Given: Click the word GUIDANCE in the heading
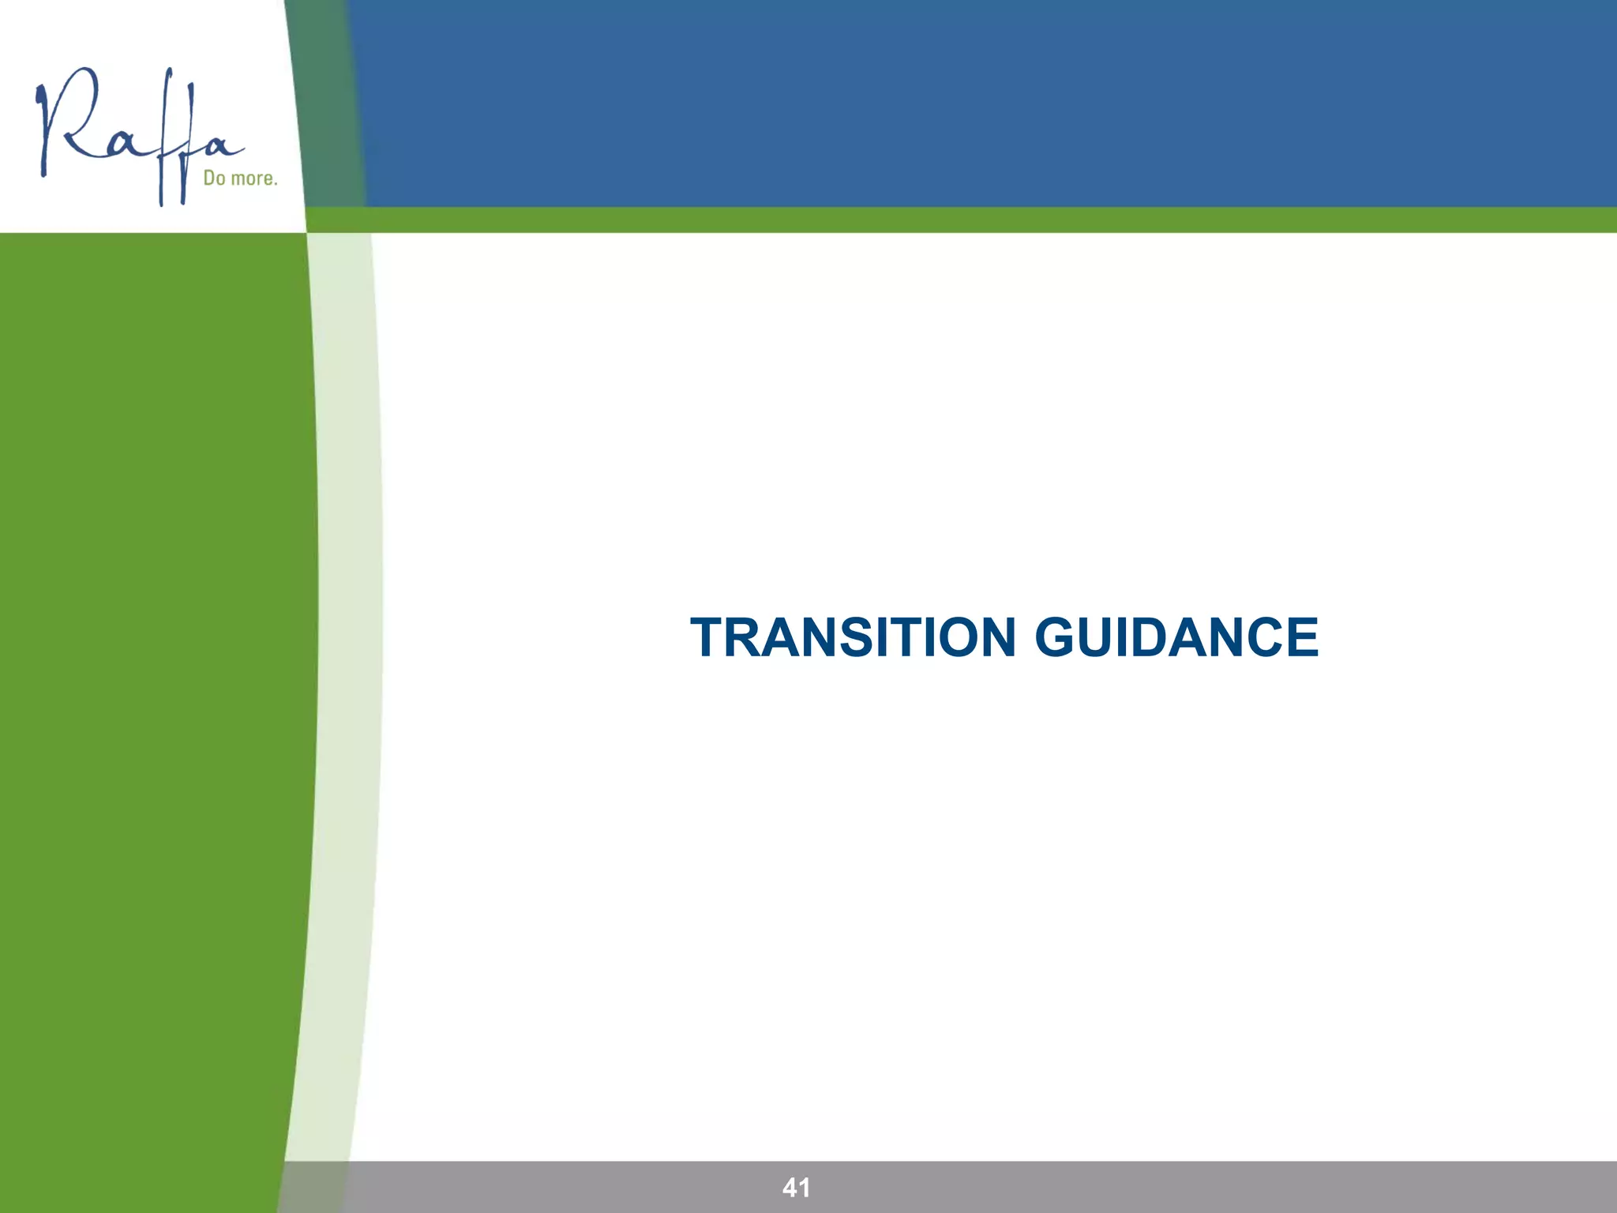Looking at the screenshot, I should click(x=1176, y=637).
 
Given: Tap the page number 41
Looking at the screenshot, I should click(x=796, y=1187).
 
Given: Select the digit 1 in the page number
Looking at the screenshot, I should click(x=805, y=1187).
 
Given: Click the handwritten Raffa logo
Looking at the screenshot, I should click(x=138, y=134).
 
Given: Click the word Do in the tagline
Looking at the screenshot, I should click(x=214, y=178).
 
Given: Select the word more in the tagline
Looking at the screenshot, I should click(x=253, y=179).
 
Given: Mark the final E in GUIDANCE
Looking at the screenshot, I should click(x=1300, y=637).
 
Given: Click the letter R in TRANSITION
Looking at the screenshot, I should click(x=747, y=637).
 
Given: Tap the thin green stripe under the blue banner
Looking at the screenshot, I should click(x=947, y=220).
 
